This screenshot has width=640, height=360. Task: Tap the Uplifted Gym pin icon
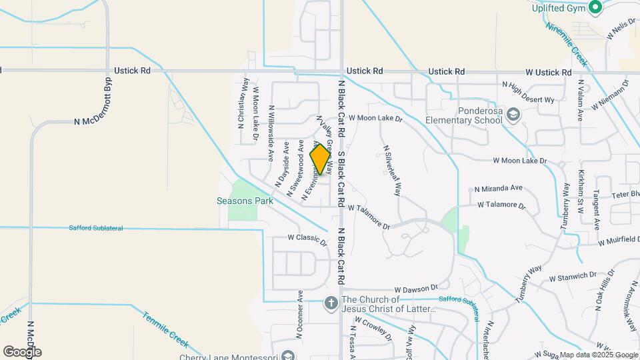pyautogui.click(x=595, y=7)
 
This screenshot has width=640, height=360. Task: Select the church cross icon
pyautogui.click(x=331, y=304)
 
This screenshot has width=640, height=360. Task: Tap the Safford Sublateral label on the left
pyautogui.click(x=96, y=228)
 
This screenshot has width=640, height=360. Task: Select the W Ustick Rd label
pyautogui.click(x=548, y=71)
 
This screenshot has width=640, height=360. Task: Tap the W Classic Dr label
pyautogui.click(x=307, y=237)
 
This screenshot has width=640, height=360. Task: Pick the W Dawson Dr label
pyautogui.click(x=415, y=290)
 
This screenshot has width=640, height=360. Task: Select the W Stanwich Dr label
pyautogui.click(x=572, y=276)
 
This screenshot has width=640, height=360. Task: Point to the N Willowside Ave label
pyautogui.click(x=271, y=133)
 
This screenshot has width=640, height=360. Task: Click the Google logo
pyautogui.click(x=22, y=351)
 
